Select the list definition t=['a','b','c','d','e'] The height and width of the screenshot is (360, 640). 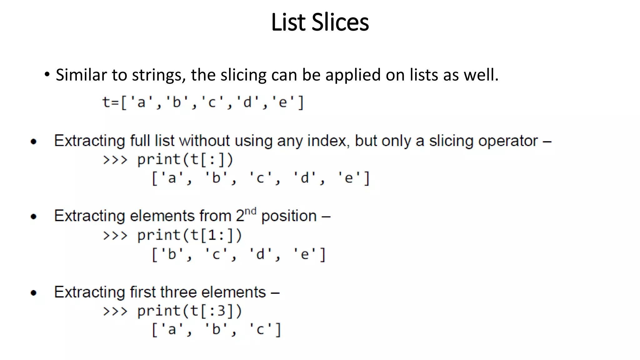[x=203, y=102]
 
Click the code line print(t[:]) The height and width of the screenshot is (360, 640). [x=185, y=160]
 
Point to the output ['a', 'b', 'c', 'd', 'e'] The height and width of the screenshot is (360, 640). [x=261, y=178]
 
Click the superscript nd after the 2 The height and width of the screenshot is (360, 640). [x=250, y=211]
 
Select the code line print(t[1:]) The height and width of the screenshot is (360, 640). [x=189, y=235]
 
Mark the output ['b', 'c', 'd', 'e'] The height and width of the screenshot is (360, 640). [x=239, y=254]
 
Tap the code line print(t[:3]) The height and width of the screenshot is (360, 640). [x=189, y=311]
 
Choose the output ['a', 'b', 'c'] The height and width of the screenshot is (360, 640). [x=217, y=330]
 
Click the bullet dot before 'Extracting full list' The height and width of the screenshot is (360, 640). [x=34, y=142]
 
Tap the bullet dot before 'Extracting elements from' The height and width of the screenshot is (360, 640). [x=34, y=217]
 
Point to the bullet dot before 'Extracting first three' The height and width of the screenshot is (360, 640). [x=34, y=293]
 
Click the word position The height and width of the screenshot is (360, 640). [x=289, y=216]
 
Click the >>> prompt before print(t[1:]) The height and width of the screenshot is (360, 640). [x=115, y=235]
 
